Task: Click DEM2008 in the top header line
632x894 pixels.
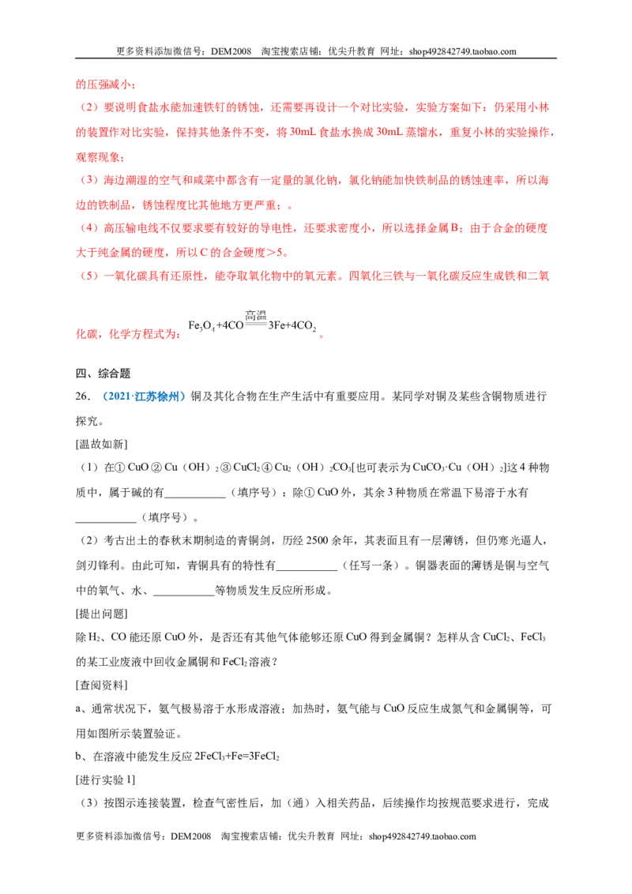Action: [x=231, y=51]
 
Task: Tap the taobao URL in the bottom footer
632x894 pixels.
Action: [x=422, y=836]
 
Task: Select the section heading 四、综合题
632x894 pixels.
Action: [x=103, y=374]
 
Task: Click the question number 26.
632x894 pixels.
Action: [x=83, y=396]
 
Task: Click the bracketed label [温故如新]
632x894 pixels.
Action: [x=102, y=444]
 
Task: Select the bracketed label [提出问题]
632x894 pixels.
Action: [x=102, y=614]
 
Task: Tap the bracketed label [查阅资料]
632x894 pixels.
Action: [x=102, y=686]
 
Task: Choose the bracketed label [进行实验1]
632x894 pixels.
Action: [x=106, y=780]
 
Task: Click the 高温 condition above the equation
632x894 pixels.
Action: [x=255, y=315]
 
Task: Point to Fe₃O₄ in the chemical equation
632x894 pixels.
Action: [x=201, y=325]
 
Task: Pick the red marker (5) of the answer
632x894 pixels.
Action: [x=89, y=276]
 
